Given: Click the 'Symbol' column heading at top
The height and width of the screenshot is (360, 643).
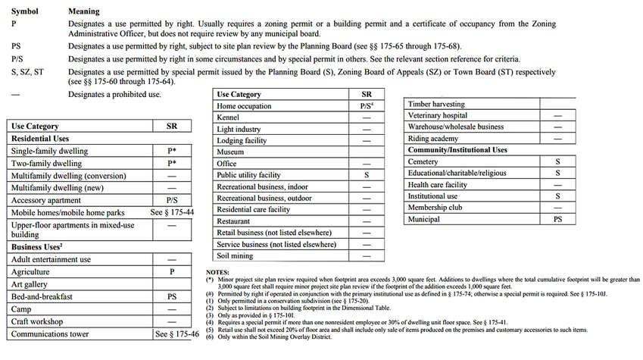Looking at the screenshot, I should (x=24, y=12).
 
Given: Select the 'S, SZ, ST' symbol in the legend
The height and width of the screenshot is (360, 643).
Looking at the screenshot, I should (x=27, y=71).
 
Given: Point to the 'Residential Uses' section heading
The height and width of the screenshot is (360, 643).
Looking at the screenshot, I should (x=39, y=139).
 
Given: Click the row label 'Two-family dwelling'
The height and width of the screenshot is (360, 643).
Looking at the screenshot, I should (x=46, y=164).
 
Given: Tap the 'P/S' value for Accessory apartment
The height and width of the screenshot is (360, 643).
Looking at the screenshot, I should (x=172, y=201).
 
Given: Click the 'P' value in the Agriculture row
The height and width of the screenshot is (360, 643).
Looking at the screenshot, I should (x=172, y=271).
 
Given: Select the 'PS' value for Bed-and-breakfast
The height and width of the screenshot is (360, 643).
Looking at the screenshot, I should (x=172, y=296).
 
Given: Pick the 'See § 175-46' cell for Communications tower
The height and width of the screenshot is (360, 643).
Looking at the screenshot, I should (x=178, y=333).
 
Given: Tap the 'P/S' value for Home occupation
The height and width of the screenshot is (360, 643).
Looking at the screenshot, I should (x=367, y=107).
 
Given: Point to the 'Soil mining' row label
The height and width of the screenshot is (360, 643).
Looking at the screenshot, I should (x=236, y=256).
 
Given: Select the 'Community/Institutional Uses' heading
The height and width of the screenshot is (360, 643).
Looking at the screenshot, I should (x=457, y=150).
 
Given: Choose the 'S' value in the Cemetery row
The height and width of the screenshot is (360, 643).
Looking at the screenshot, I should (x=557, y=161).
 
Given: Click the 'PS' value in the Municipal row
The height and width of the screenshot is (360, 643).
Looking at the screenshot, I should (x=557, y=219).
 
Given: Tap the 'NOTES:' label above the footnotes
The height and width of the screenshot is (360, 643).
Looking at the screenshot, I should (x=221, y=271).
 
